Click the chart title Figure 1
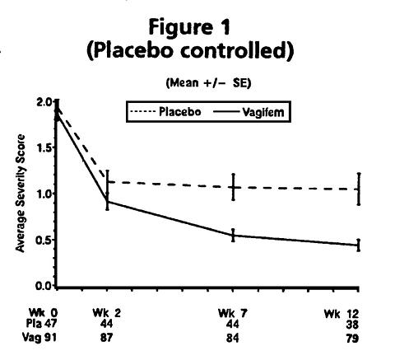click(189, 27)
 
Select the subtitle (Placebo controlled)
click(190, 50)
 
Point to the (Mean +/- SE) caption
click(208, 82)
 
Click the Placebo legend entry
click(165, 112)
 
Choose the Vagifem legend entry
click(249, 112)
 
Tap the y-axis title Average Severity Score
click(21, 194)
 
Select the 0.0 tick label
click(44, 286)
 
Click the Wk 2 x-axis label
click(107, 313)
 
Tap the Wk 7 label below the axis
click(233, 313)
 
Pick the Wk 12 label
click(342, 314)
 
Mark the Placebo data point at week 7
click(233, 188)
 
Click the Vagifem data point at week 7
click(233, 236)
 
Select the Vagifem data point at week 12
click(359, 245)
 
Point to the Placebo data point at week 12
click(359, 189)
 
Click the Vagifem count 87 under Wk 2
click(106, 338)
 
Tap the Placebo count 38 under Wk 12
click(352, 325)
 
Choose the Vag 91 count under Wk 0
click(39, 337)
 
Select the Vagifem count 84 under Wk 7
click(233, 338)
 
